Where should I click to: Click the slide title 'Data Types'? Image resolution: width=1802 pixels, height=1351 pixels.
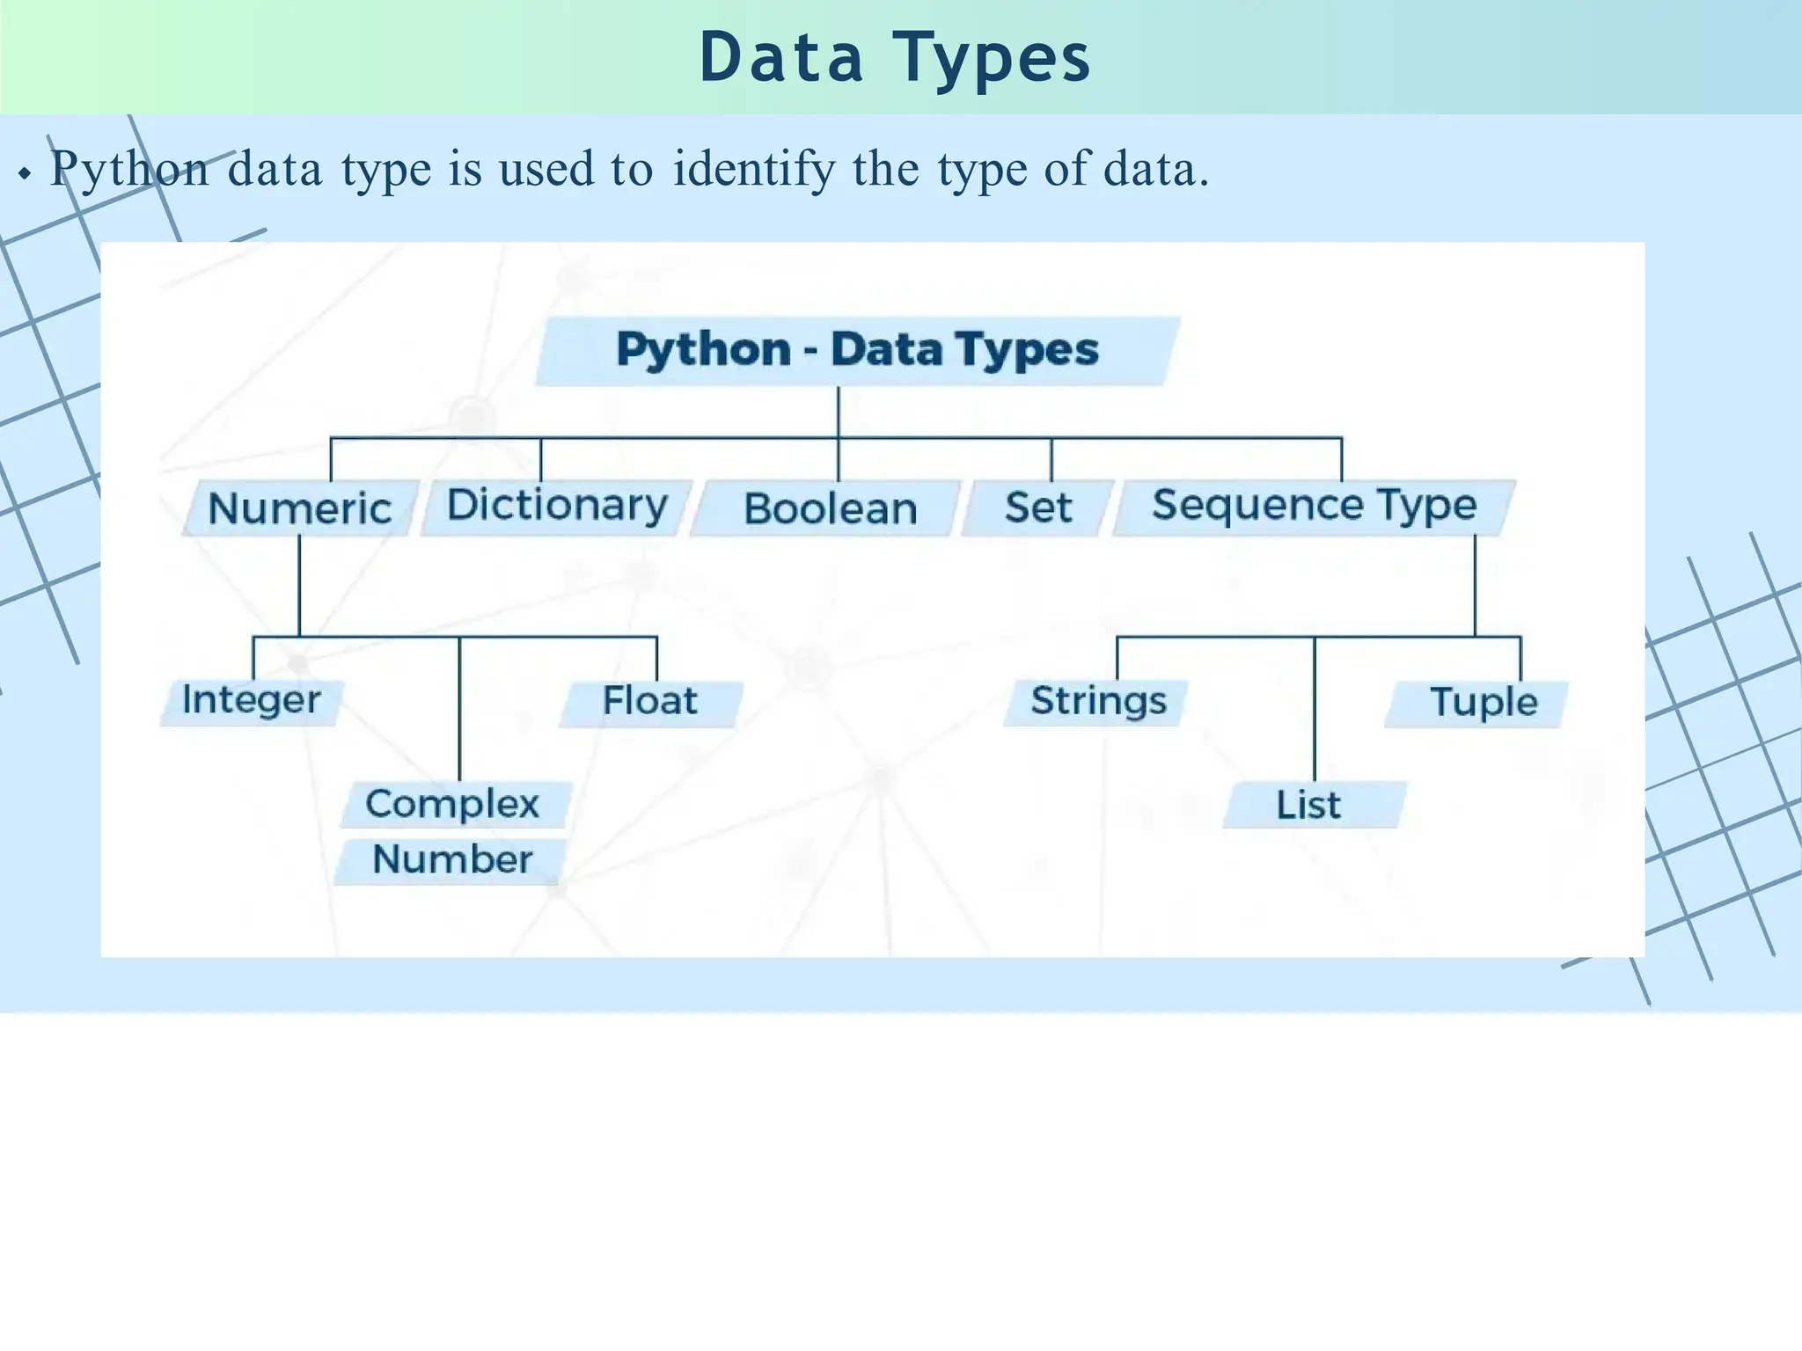coord(895,58)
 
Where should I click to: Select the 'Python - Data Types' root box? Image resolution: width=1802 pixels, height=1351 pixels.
coord(857,350)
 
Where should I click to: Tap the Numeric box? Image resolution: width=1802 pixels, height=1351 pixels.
coord(300,508)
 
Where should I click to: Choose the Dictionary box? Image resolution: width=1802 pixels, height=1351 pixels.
coord(557,507)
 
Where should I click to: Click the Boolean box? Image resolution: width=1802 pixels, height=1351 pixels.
coord(830,508)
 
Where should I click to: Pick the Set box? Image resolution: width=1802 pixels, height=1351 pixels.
coord(1038,508)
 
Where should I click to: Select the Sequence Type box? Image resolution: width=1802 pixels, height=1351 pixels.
coord(1314,506)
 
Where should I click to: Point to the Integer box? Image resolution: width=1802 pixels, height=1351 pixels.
coord(252,701)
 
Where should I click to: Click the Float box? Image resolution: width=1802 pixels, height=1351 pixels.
coord(650,702)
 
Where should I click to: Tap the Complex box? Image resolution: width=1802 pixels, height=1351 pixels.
coord(453,804)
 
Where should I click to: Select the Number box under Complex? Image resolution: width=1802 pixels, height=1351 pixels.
coord(452,859)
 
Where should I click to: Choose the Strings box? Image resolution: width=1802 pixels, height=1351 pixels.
coord(1098,702)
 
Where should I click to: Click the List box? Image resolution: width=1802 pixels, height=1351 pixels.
coord(1310,805)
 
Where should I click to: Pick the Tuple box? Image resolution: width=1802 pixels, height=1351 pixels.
coord(1483,703)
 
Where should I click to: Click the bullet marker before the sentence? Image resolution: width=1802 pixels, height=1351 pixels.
coord(25,174)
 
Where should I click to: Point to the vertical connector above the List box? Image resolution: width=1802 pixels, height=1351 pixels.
coord(1315,708)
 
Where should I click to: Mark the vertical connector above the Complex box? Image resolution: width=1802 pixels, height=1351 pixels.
coord(459,708)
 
